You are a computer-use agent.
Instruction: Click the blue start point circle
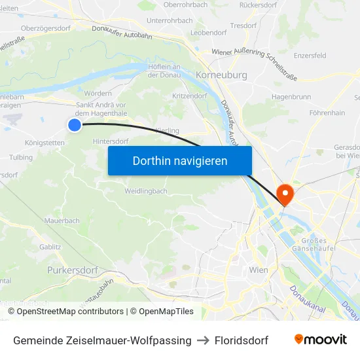click(75, 124)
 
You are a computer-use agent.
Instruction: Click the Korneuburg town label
click(221, 75)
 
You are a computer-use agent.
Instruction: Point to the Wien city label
click(259, 270)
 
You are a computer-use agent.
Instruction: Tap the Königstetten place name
click(45, 143)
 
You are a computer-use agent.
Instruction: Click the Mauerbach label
click(63, 221)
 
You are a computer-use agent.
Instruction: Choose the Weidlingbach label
click(146, 191)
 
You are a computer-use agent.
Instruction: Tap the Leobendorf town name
click(209, 32)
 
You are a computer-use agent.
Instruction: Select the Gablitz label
click(50, 247)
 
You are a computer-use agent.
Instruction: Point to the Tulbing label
click(21, 158)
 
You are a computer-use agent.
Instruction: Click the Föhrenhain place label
click(327, 113)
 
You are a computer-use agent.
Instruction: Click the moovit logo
click(321, 340)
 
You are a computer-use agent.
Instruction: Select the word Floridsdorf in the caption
click(242, 340)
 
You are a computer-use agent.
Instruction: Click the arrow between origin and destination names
click(203, 340)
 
